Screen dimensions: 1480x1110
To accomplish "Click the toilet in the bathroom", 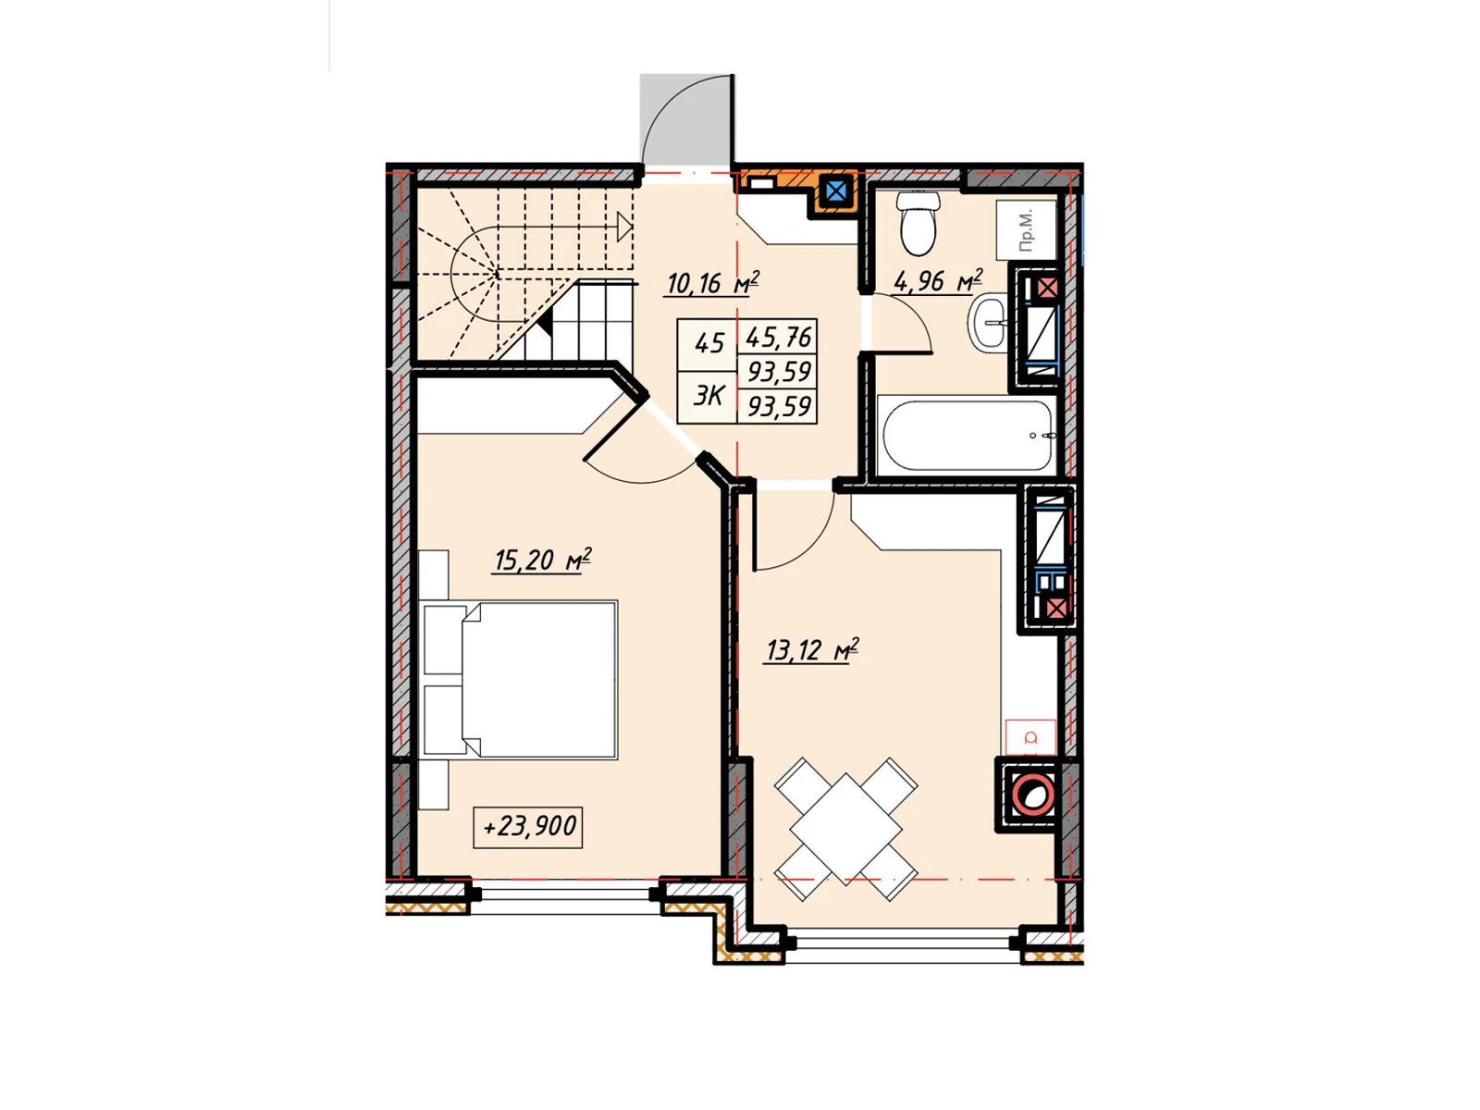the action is point(918,223).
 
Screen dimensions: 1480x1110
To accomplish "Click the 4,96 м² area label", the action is point(938,281).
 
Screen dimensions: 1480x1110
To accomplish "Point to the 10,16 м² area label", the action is point(712,282).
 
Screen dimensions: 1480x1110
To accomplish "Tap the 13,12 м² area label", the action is point(812,650).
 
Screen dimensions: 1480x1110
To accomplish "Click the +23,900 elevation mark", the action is point(528,827).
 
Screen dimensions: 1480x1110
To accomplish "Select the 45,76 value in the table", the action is point(778,337).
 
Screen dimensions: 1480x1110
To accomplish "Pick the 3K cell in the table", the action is point(708,396).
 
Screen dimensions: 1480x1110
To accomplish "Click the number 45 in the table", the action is point(709,344).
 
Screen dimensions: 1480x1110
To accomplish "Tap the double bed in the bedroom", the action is point(521,680).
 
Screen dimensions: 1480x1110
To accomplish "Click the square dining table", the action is point(845,829).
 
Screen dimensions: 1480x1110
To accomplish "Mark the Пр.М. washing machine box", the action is point(1026,229).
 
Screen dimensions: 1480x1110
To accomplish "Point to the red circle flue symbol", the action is point(1031,795).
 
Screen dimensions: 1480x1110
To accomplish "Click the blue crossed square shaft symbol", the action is point(834,192).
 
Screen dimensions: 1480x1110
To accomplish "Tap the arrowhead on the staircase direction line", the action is point(624,227).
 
